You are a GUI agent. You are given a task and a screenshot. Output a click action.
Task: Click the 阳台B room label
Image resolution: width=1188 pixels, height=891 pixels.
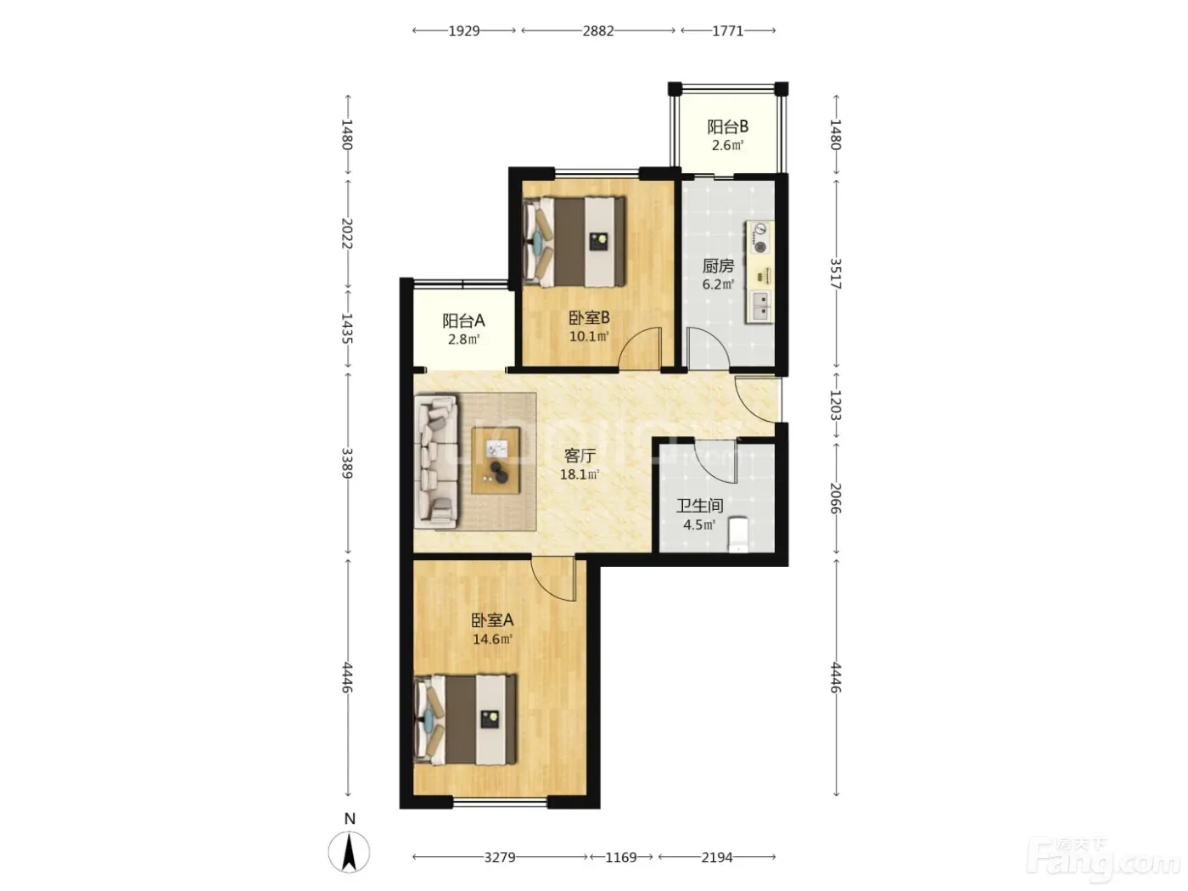(x=727, y=126)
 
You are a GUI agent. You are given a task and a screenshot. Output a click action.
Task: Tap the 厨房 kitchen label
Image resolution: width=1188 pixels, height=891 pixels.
(x=718, y=266)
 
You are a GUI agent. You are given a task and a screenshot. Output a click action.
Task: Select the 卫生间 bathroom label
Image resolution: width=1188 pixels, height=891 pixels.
(x=699, y=506)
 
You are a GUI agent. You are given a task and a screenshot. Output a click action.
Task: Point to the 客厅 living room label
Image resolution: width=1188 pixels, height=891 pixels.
(x=580, y=456)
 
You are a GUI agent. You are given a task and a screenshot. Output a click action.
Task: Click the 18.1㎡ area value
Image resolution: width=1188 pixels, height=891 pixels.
(x=580, y=475)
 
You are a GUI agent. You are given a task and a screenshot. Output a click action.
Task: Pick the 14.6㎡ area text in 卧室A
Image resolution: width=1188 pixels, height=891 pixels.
(x=492, y=640)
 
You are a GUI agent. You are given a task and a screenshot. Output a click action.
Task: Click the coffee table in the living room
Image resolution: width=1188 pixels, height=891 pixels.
(x=496, y=461)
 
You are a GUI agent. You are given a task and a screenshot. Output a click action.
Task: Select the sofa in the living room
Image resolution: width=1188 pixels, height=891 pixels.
(x=436, y=462)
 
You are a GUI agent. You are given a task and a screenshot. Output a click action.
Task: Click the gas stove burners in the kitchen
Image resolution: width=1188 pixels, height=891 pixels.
(x=760, y=238)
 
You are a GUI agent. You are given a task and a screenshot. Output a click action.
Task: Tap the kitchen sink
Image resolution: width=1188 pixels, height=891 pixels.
(x=760, y=306)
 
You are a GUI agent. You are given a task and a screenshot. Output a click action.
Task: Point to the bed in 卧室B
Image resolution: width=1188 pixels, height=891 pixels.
(x=574, y=241)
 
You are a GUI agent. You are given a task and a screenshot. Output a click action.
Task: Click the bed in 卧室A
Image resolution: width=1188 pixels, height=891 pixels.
(x=466, y=719)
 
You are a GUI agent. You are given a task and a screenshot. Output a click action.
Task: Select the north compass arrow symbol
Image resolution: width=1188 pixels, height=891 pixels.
(x=350, y=852)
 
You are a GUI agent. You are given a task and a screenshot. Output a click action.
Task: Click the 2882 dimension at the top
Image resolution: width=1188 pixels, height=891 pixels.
(x=598, y=31)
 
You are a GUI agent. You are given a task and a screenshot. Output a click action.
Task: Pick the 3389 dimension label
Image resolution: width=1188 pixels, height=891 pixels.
(x=347, y=463)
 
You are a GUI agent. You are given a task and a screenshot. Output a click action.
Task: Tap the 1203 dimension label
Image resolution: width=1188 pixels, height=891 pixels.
(x=836, y=406)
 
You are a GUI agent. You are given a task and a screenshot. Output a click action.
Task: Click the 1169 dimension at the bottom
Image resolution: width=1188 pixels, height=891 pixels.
(x=621, y=857)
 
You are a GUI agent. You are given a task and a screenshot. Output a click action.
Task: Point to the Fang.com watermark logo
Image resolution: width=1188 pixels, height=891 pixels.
(x=1103, y=861)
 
